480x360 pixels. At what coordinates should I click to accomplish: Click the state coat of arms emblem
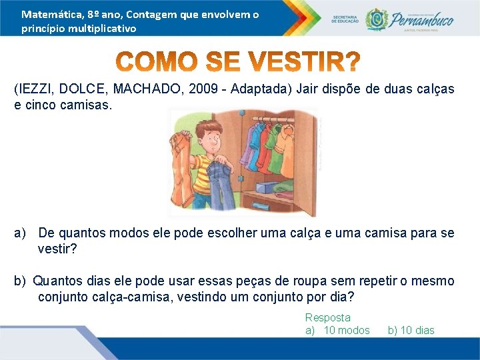point(376,19)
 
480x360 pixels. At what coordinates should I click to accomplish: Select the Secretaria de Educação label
point(345,19)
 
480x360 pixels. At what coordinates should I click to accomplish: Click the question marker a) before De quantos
point(20,233)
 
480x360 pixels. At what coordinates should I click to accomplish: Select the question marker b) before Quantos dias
point(20,281)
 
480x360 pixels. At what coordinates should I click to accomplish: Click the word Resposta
point(327,318)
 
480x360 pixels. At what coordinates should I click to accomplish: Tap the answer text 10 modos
point(346,330)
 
